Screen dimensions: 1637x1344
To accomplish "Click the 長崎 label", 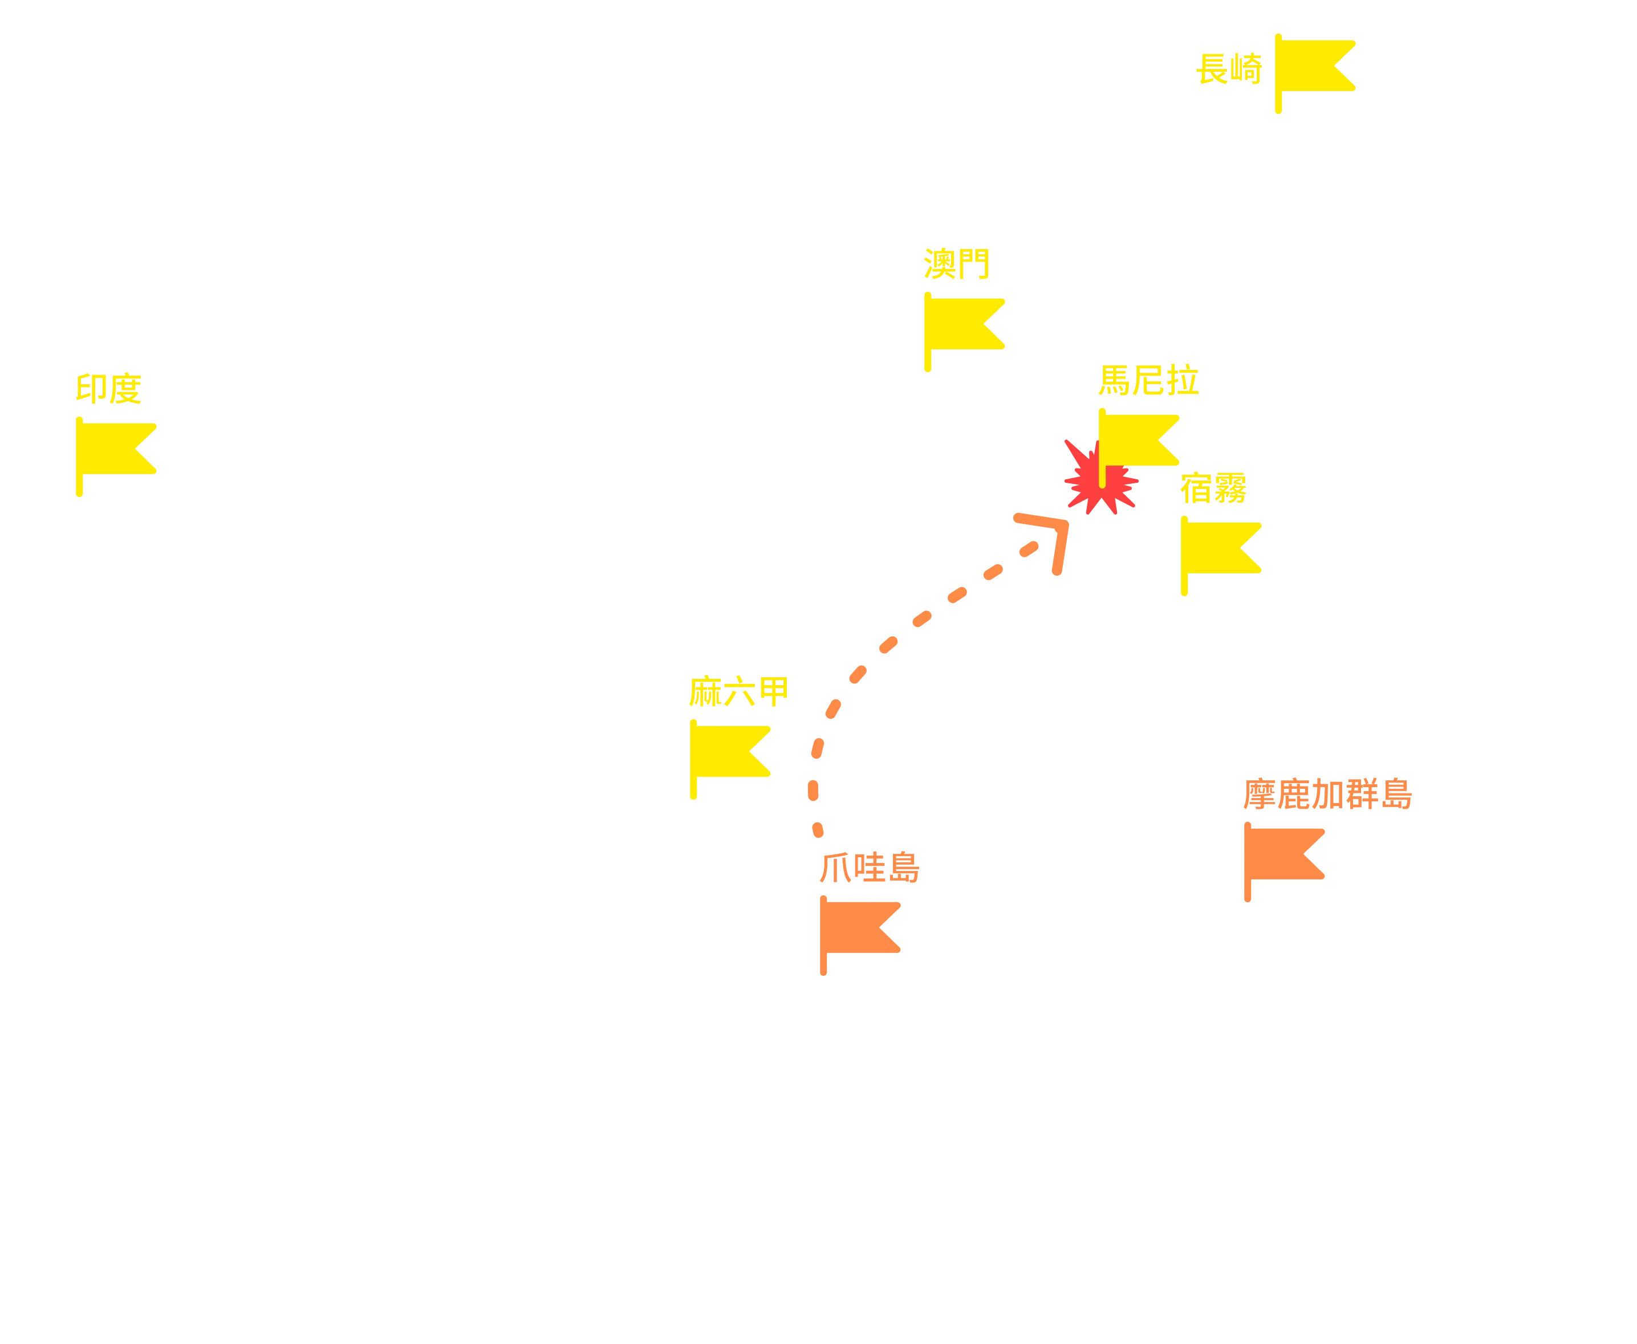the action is [x=1230, y=68].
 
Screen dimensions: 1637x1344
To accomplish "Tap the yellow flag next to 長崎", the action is [x=1314, y=73].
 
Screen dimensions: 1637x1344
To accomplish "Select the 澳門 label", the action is [x=956, y=264].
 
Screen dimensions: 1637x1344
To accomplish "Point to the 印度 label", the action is [x=108, y=389].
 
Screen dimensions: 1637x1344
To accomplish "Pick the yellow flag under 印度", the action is [x=116, y=456].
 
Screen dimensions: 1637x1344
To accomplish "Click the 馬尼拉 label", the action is [x=1149, y=380].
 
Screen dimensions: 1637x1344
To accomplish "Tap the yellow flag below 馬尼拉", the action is [x=1138, y=447].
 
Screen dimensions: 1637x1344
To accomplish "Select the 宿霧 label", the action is [x=1213, y=488].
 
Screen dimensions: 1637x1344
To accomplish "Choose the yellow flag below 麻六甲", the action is [x=729, y=759].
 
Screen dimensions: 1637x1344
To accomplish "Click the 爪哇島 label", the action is [x=870, y=867].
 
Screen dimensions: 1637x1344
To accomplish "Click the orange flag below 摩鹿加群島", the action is [x=1284, y=862].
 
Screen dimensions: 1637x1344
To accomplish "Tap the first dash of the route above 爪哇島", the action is [x=818, y=830].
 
